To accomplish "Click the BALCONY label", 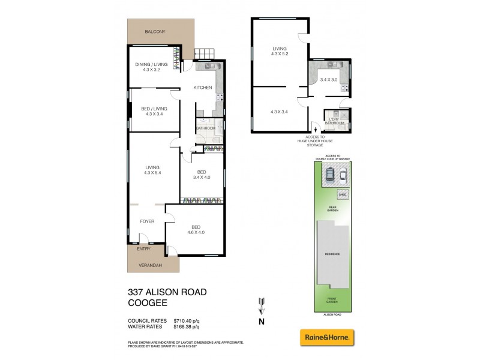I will click(x=155, y=31).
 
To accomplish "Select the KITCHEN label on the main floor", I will click(x=202, y=88).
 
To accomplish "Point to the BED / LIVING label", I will click(x=154, y=109).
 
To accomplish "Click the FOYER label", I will click(x=148, y=221).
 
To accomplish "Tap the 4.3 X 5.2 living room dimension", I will click(x=279, y=55).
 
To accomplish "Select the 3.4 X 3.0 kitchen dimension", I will click(x=329, y=79).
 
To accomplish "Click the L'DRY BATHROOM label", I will click(x=334, y=121).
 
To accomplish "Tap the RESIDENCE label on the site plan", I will click(x=332, y=254).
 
